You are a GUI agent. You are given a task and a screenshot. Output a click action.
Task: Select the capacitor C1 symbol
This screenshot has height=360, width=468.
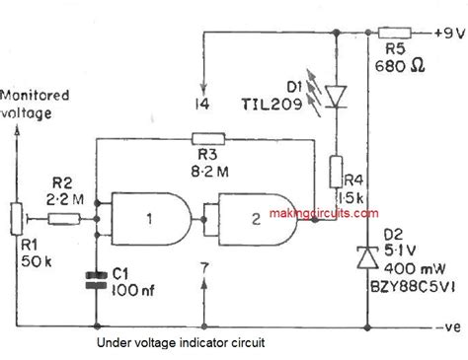97,279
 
